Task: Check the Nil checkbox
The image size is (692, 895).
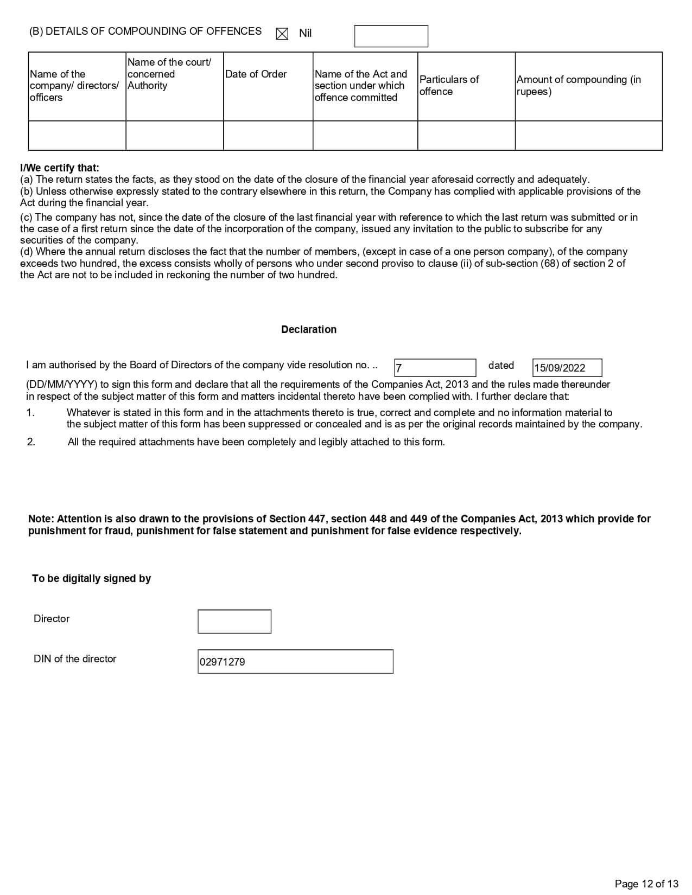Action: pos(282,34)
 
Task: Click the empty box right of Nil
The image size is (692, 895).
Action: pos(391,36)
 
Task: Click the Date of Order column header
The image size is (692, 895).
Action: pos(256,74)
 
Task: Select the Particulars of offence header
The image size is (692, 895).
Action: pos(449,85)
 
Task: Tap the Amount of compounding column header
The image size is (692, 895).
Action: pos(579,85)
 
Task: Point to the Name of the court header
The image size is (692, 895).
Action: pos(169,74)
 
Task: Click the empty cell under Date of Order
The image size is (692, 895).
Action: pos(268,135)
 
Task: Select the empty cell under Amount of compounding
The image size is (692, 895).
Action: pos(588,135)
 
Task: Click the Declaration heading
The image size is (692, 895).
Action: pos(309,330)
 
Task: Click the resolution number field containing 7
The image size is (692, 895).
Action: pos(435,368)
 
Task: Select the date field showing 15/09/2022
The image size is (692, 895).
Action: pos(567,368)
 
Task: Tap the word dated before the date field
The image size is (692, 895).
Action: pos(501,366)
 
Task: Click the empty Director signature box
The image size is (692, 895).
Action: pos(234,622)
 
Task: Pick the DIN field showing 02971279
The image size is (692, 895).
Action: pos(295,662)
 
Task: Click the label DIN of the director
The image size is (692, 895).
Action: pos(75,659)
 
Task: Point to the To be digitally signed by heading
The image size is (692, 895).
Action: pos(91,579)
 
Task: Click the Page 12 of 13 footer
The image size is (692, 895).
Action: pos(646,884)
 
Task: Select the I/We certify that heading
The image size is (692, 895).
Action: pos(60,168)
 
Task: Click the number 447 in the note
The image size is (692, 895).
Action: pos(317,519)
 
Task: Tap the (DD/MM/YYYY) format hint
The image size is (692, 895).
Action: pos(62,385)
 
